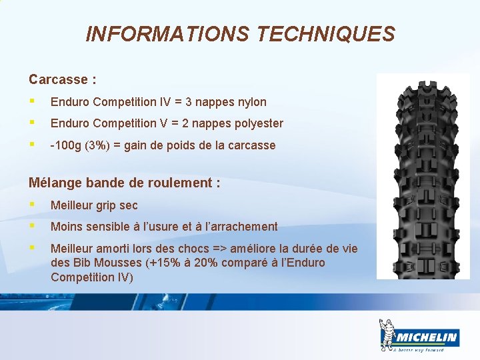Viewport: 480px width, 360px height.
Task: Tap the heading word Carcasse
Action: coord(58,80)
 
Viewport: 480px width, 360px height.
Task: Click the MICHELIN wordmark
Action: coord(425,337)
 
